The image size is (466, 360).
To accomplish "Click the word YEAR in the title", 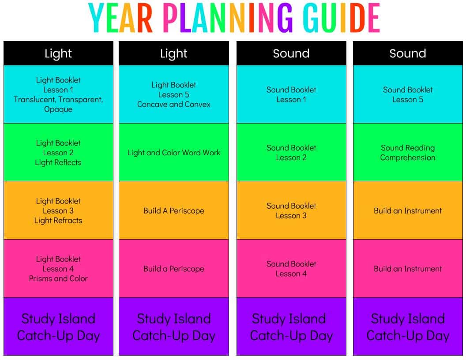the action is pyautogui.click(x=120, y=18).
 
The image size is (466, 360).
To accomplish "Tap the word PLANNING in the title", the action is pyautogui.click(x=228, y=18).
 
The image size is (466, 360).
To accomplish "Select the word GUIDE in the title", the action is pyautogui.click(x=342, y=18).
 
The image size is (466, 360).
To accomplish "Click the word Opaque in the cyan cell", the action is pyautogui.click(x=58, y=109).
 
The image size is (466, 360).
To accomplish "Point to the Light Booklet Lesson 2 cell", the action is pyautogui.click(x=58, y=152).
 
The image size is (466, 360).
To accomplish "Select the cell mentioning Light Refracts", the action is pyautogui.click(x=58, y=210).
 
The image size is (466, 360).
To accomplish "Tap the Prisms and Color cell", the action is pyautogui.click(x=58, y=269).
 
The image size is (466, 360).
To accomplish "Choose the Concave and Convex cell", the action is pyautogui.click(x=174, y=94).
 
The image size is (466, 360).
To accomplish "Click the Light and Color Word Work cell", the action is pyautogui.click(x=174, y=152).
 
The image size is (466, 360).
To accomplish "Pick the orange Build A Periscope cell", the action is pyautogui.click(x=174, y=210).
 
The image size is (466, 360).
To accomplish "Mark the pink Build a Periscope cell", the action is pyautogui.click(x=174, y=269).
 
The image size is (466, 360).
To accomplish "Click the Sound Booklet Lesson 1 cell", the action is pyautogui.click(x=291, y=94).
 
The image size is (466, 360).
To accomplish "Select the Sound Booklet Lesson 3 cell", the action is pyautogui.click(x=291, y=210).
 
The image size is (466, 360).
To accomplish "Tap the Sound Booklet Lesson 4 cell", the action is pyautogui.click(x=291, y=269).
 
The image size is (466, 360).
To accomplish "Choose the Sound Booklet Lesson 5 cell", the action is pyautogui.click(x=408, y=94).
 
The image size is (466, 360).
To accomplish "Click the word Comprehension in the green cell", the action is pyautogui.click(x=408, y=158).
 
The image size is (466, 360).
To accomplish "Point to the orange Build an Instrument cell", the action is pyautogui.click(x=408, y=210).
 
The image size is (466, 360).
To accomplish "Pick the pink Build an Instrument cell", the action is pyautogui.click(x=408, y=269).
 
